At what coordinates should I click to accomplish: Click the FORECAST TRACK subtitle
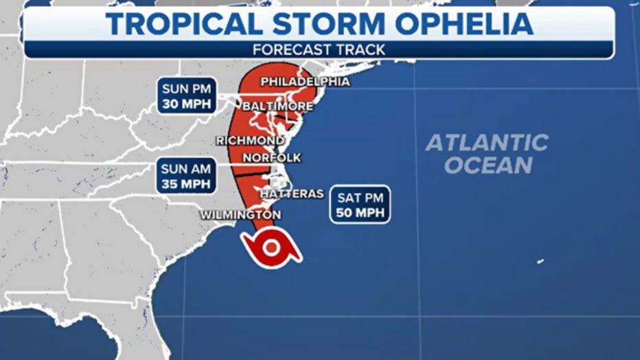(319, 49)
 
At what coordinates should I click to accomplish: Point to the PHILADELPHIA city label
(305, 82)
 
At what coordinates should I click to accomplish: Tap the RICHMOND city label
(250, 140)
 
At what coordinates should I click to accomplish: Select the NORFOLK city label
(272, 157)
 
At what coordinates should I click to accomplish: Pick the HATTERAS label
(291, 194)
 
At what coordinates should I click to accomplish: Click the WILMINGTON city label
(240, 215)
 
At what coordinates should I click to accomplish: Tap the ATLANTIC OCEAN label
(487, 153)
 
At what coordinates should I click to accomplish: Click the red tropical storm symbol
(271, 248)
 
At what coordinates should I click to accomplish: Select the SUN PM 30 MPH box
(187, 95)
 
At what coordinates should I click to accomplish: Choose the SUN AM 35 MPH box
(187, 176)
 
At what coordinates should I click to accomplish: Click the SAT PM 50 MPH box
(360, 204)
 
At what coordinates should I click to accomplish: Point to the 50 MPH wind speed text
(360, 213)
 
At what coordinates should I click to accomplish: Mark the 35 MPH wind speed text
(187, 184)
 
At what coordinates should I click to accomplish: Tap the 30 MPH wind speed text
(187, 104)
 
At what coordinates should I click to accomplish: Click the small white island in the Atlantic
(540, 261)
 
